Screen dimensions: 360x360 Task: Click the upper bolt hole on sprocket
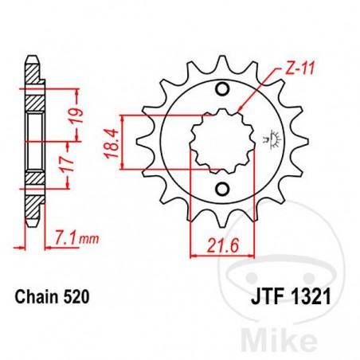tap(221, 88)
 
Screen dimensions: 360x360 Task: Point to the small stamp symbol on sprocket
tap(275, 139)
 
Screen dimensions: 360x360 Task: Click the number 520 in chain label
tap(72, 297)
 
